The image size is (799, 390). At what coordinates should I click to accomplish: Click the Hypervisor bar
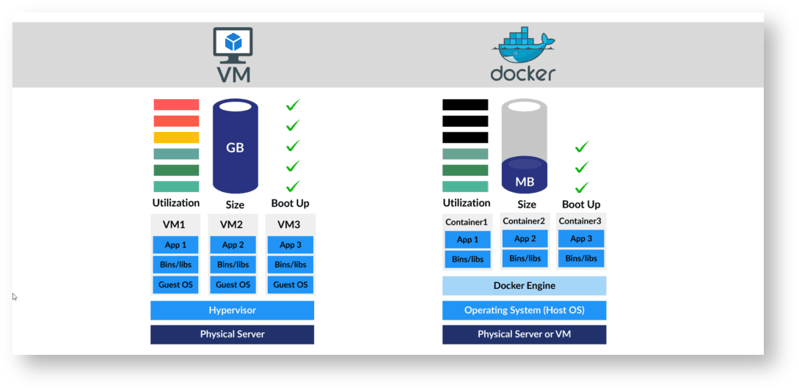[232, 310]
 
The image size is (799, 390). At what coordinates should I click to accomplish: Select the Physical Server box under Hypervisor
[232, 334]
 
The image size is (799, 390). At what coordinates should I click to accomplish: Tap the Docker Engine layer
[524, 285]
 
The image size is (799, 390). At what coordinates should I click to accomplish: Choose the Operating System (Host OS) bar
[524, 310]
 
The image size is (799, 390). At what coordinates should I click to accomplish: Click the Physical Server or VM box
[524, 334]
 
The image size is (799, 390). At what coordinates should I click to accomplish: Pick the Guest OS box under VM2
[233, 284]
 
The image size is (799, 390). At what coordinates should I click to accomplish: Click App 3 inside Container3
[580, 238]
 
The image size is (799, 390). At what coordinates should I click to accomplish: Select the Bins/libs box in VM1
[175, 265]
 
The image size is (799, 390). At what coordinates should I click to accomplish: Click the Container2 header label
[525, 221]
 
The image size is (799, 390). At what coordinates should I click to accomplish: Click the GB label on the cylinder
[235, 147]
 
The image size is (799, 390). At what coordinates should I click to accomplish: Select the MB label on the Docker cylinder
[525, 182]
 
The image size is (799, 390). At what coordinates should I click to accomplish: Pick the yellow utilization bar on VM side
[176, 137]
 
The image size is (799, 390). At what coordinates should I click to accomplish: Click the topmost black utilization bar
[465, 105]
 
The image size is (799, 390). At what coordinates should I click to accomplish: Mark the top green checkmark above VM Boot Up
[293, 106]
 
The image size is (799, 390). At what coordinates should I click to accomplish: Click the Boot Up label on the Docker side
[581, 205]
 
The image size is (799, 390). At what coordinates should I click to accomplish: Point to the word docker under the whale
[522, 74]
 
